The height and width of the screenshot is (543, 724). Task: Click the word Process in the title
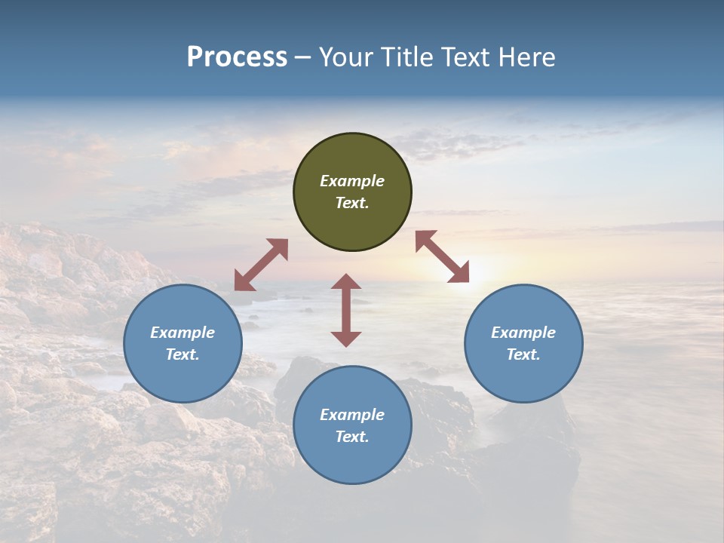(237, 57)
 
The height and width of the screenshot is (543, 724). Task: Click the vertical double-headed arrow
(346, 310)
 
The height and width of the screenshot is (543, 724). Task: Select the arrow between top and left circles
(261, 265)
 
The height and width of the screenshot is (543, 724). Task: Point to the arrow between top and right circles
(443, 256)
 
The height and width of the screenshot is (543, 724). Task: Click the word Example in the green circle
(352, 181)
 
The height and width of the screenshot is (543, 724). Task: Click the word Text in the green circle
(352, 203)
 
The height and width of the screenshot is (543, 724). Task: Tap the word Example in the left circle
(183, 333)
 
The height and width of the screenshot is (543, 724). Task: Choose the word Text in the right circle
(523, 354)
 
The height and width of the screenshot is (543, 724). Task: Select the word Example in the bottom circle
(352, 415)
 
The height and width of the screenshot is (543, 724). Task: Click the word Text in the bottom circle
(352, 437)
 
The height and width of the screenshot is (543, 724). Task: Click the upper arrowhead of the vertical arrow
(346, 282)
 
